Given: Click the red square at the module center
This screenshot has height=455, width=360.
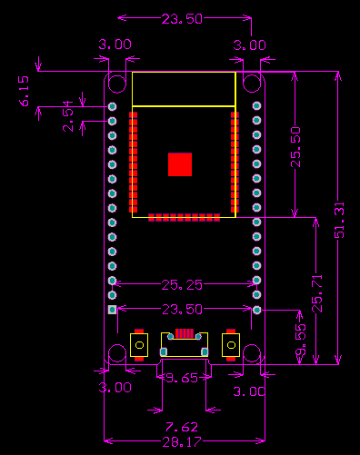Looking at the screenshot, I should pyautogui.click(x=180, y=164).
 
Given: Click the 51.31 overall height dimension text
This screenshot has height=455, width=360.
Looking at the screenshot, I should pyautogui.click(x=340, y=222).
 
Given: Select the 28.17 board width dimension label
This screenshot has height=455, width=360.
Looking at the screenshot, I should pyautogui.click(x=181, y=443).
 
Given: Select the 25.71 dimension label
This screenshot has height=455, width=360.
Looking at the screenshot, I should pyautogui.click(x=316, y=293).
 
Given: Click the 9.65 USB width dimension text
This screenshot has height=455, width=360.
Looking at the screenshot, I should pyautogui.click(x=180, y=379).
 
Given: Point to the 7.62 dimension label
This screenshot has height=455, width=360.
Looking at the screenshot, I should pyautogui.click(x=181, y=426).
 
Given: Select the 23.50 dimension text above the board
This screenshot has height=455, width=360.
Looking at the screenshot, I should pyautogui.click(x=181, y=19).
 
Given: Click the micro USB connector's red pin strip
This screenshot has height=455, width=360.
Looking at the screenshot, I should pyautogui.click(x=185, y=333).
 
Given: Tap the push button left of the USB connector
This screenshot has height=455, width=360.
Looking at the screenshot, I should pyautogui.click(x=139, y=346).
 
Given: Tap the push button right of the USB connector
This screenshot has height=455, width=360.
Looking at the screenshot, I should pyautogui.click(x=230, y=346).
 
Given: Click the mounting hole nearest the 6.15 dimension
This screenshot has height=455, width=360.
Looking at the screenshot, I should pyautogui.click(x=117, y=84).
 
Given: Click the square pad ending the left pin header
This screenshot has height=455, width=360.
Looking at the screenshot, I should pyautogui.click(x=113, y=310).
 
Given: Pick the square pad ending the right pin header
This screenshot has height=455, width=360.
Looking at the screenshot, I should pyautogui.click(x=256, y=310).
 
